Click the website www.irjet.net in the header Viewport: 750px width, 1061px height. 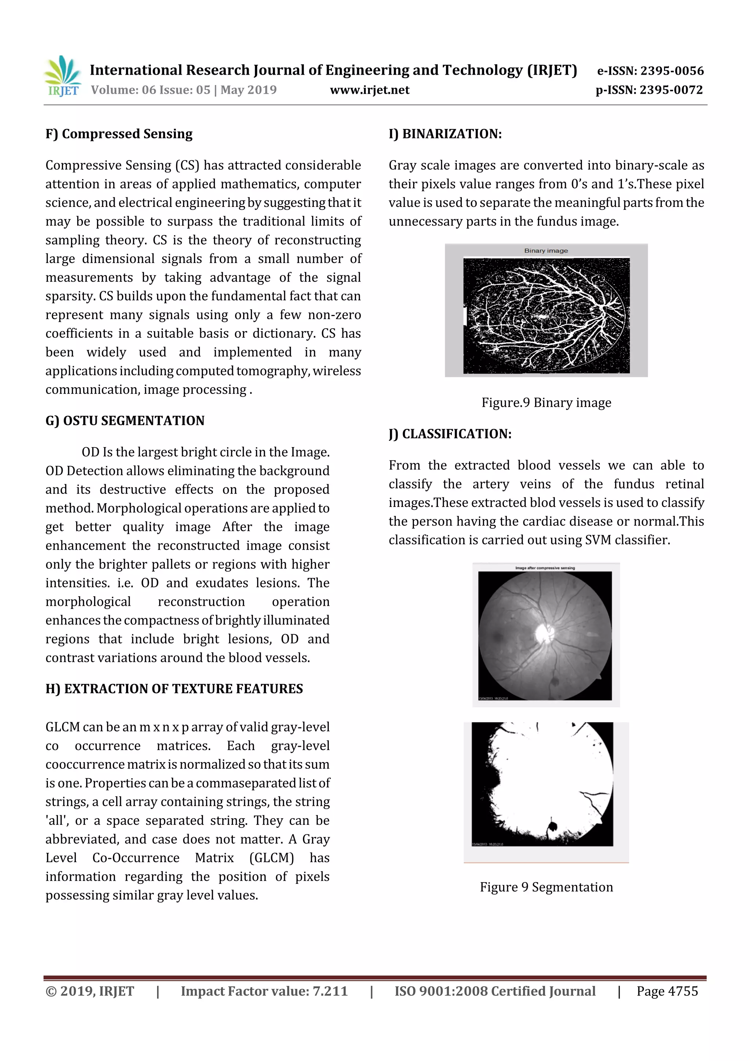pyautogui.click(x=369, y=90)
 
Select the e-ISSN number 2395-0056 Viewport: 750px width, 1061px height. pyautogui.click(x=671, y=71)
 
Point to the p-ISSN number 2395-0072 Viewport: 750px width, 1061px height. pyautogui.click(x=671, y=90)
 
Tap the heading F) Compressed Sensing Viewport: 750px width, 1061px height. pyautogui.click(x=119, y=134)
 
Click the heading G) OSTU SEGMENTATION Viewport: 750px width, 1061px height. pyautogui.click(x=125, y=420)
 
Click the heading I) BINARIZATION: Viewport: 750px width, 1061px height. pyautogui.click(x=445, y=134)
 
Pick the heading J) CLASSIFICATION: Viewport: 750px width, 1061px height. pyautogui.click(x=450, y=434)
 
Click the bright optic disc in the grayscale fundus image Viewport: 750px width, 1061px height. pyautogui.click(x=543, y=633)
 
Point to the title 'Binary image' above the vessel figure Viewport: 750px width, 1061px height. pyautogui.click(x=546, y=251)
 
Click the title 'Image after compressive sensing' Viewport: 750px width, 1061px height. pyautogui.click(x=545, y=567)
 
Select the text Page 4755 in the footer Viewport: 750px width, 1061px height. pyautogui.click(x=667, y=991)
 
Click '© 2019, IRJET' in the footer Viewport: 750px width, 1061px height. pyautogui.click(x=90, y=991)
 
